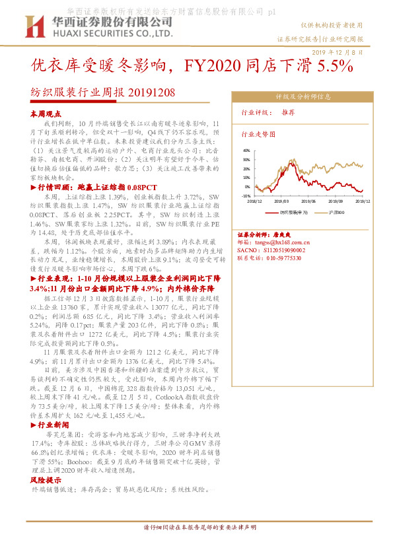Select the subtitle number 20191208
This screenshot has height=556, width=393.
pyautogui.click(x=151, y=93)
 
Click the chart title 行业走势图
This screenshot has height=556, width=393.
pyautogui.click(x=258, y=133)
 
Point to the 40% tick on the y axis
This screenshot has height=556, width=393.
pyautogui.click(x=246, y=151)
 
